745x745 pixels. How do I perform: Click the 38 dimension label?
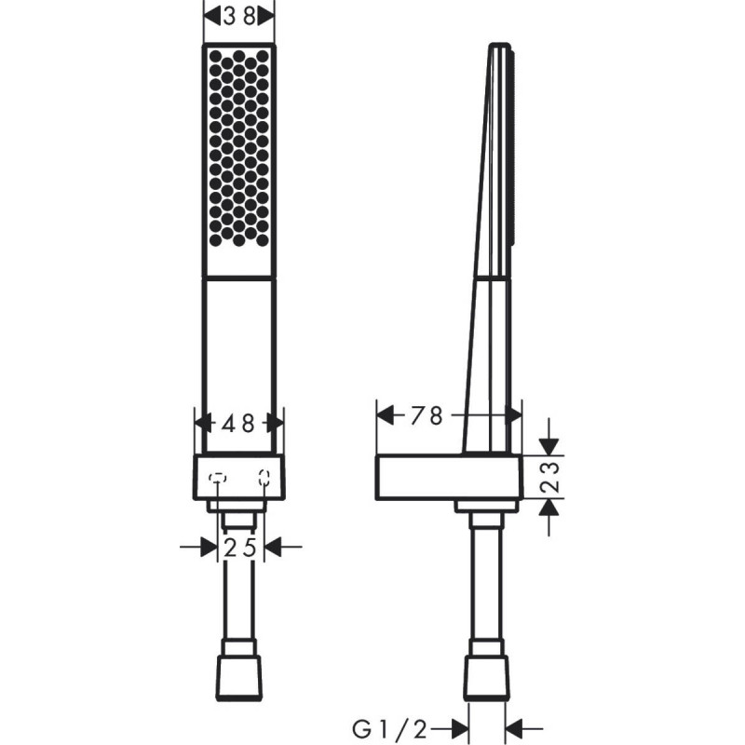pyautogui.click(x=239, y=15)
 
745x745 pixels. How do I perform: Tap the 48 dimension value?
pyautogui.click(x=239, y=423)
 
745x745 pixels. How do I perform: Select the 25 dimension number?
pyautogui.click(x=239, y=548)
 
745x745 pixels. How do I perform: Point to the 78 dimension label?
pyautogui.click(x=427, y=415)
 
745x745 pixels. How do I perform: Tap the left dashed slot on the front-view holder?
pyautogui.click(x=218, y=479)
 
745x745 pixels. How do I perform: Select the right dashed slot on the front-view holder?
pyautogui.click(x=264, y=479)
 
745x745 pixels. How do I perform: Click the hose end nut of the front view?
pyautogui.click(x=239, y=670)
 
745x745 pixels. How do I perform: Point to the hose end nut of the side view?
pyautogui.click(x=486, y=670)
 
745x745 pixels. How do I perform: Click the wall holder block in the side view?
pyautogui.click(x=447, y=478)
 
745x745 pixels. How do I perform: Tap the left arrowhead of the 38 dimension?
pyautogui.click(x=211, y=15)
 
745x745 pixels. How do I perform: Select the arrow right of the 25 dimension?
pyautogui.click(x=274, y=548)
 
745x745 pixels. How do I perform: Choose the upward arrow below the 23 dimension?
pyautogui.click(x=549, y=508)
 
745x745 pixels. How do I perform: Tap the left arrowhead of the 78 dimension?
pyautogui.click(x=386, y=415)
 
